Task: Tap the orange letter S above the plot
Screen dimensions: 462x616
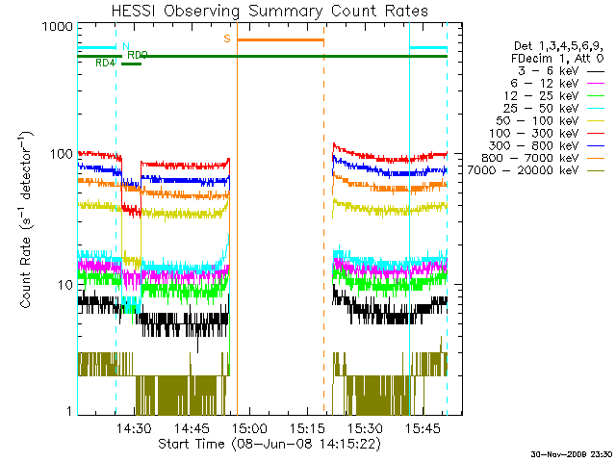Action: coord(227,38)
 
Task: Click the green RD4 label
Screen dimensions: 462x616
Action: coord(106,64)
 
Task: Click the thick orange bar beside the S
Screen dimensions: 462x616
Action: coord(280,39)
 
